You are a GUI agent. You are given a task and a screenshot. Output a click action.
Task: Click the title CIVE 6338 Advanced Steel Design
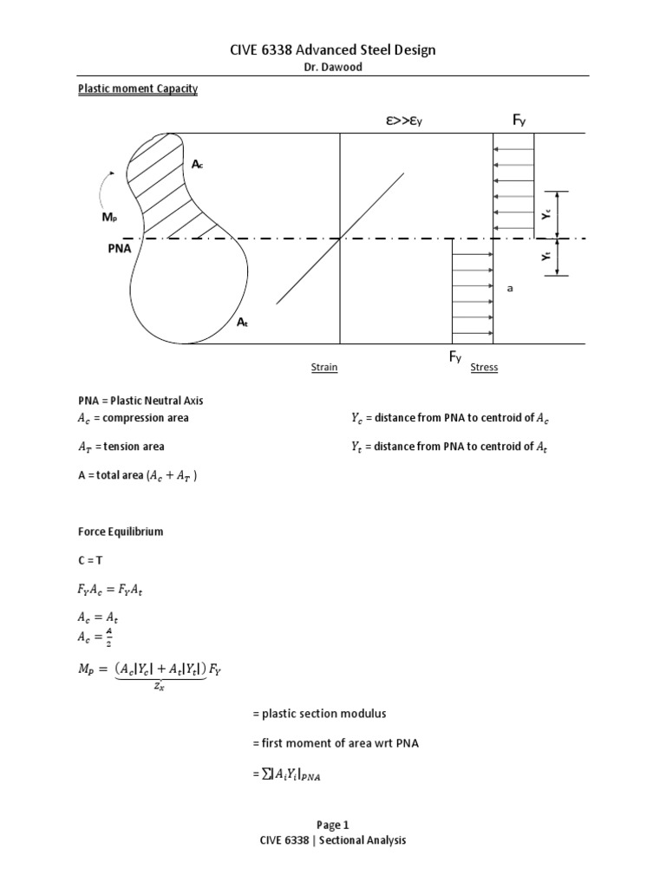pyautogui.click(x=333, y=50)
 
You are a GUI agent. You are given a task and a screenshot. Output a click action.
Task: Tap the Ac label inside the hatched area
pyautogui.click(x=197, y=164)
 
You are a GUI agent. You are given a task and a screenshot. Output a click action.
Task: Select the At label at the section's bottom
pyautogui.click(x=242, y=322)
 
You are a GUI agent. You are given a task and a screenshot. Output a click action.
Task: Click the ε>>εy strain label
pyautogui.click(x=403, y=122)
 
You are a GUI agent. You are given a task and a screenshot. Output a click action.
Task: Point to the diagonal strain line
pyautogui.click(x=341, y=238)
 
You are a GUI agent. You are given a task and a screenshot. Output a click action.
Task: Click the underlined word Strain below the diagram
pyautogui.click(x=324, y=368)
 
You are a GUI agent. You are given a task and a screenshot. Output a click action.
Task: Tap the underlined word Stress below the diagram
pyautogui.click(x=484, y=368)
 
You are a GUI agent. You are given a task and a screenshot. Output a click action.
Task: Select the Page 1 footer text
pyautogui.click(x=333, y=826)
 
